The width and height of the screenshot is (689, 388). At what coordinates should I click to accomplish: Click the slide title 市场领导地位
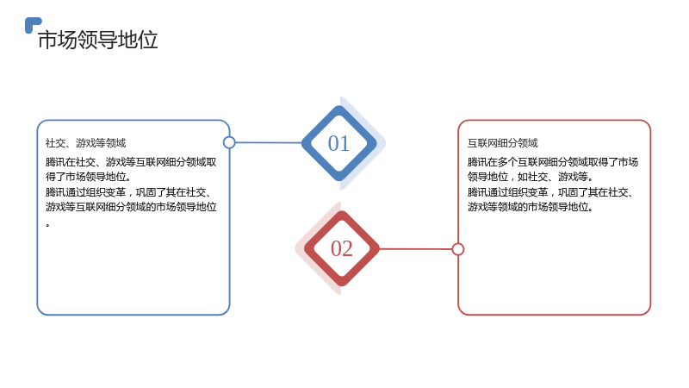pos(97,40)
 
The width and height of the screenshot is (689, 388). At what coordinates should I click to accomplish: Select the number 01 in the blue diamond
pos(338,143)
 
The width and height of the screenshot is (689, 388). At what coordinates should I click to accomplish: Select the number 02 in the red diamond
pos(341,248)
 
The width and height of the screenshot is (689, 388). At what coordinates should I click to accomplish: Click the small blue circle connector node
pos(229,142)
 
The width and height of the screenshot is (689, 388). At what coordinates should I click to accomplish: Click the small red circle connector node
pos(458,249)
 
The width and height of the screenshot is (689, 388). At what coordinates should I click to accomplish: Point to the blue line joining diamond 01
pos(269,142)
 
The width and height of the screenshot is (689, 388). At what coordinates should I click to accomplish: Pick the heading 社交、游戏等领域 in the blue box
pos(85,143)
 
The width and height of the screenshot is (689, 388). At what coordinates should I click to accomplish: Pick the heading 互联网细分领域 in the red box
pos(503,143)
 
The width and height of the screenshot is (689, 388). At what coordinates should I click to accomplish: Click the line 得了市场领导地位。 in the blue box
pos(89,177)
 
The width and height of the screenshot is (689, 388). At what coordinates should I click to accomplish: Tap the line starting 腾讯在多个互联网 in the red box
pos(553,162)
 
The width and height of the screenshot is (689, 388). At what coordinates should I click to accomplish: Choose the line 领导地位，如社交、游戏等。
pos(531,177)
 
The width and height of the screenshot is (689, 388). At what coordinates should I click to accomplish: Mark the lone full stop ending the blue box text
pos(47,225)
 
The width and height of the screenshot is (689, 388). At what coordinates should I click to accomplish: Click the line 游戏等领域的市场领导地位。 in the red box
pos(531,207)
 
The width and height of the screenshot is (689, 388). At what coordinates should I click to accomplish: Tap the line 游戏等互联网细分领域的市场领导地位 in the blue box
pos(131,207)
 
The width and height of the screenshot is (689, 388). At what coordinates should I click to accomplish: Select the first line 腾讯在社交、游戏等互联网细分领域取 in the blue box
pos(131,162)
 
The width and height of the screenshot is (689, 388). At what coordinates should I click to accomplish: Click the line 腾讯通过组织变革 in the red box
pos(550,192)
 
